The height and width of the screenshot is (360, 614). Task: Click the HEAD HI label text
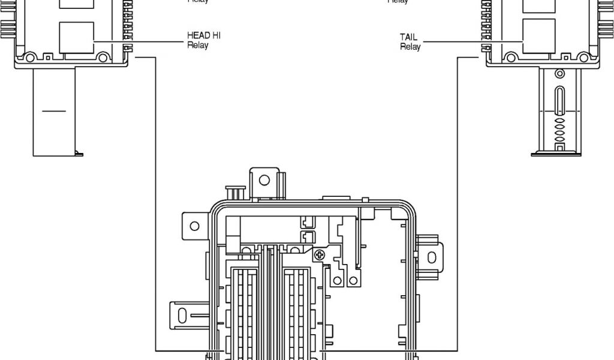click(x=203, y=36)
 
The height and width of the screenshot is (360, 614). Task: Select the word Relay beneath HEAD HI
click(x=197, y=46)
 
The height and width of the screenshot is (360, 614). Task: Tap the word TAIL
click(x=408, y=37)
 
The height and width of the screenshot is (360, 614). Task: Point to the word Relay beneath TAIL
click(x=410, y=47)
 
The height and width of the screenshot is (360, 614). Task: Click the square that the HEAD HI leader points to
click(x=77, y=37)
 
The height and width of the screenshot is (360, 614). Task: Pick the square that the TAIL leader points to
click(x=539, y=37)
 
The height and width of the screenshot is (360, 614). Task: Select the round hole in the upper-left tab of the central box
click(x=194, y=226)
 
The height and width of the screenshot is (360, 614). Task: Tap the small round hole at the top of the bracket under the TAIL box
click(x=559, y=74)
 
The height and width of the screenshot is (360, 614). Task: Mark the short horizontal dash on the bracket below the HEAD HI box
click(x=54, y=110)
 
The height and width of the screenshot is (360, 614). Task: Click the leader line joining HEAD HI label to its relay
click(x=138, y=40)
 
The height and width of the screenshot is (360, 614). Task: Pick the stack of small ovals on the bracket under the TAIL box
click(x=559, y=129)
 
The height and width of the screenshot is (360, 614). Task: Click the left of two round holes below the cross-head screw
click(x=338, y=280)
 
